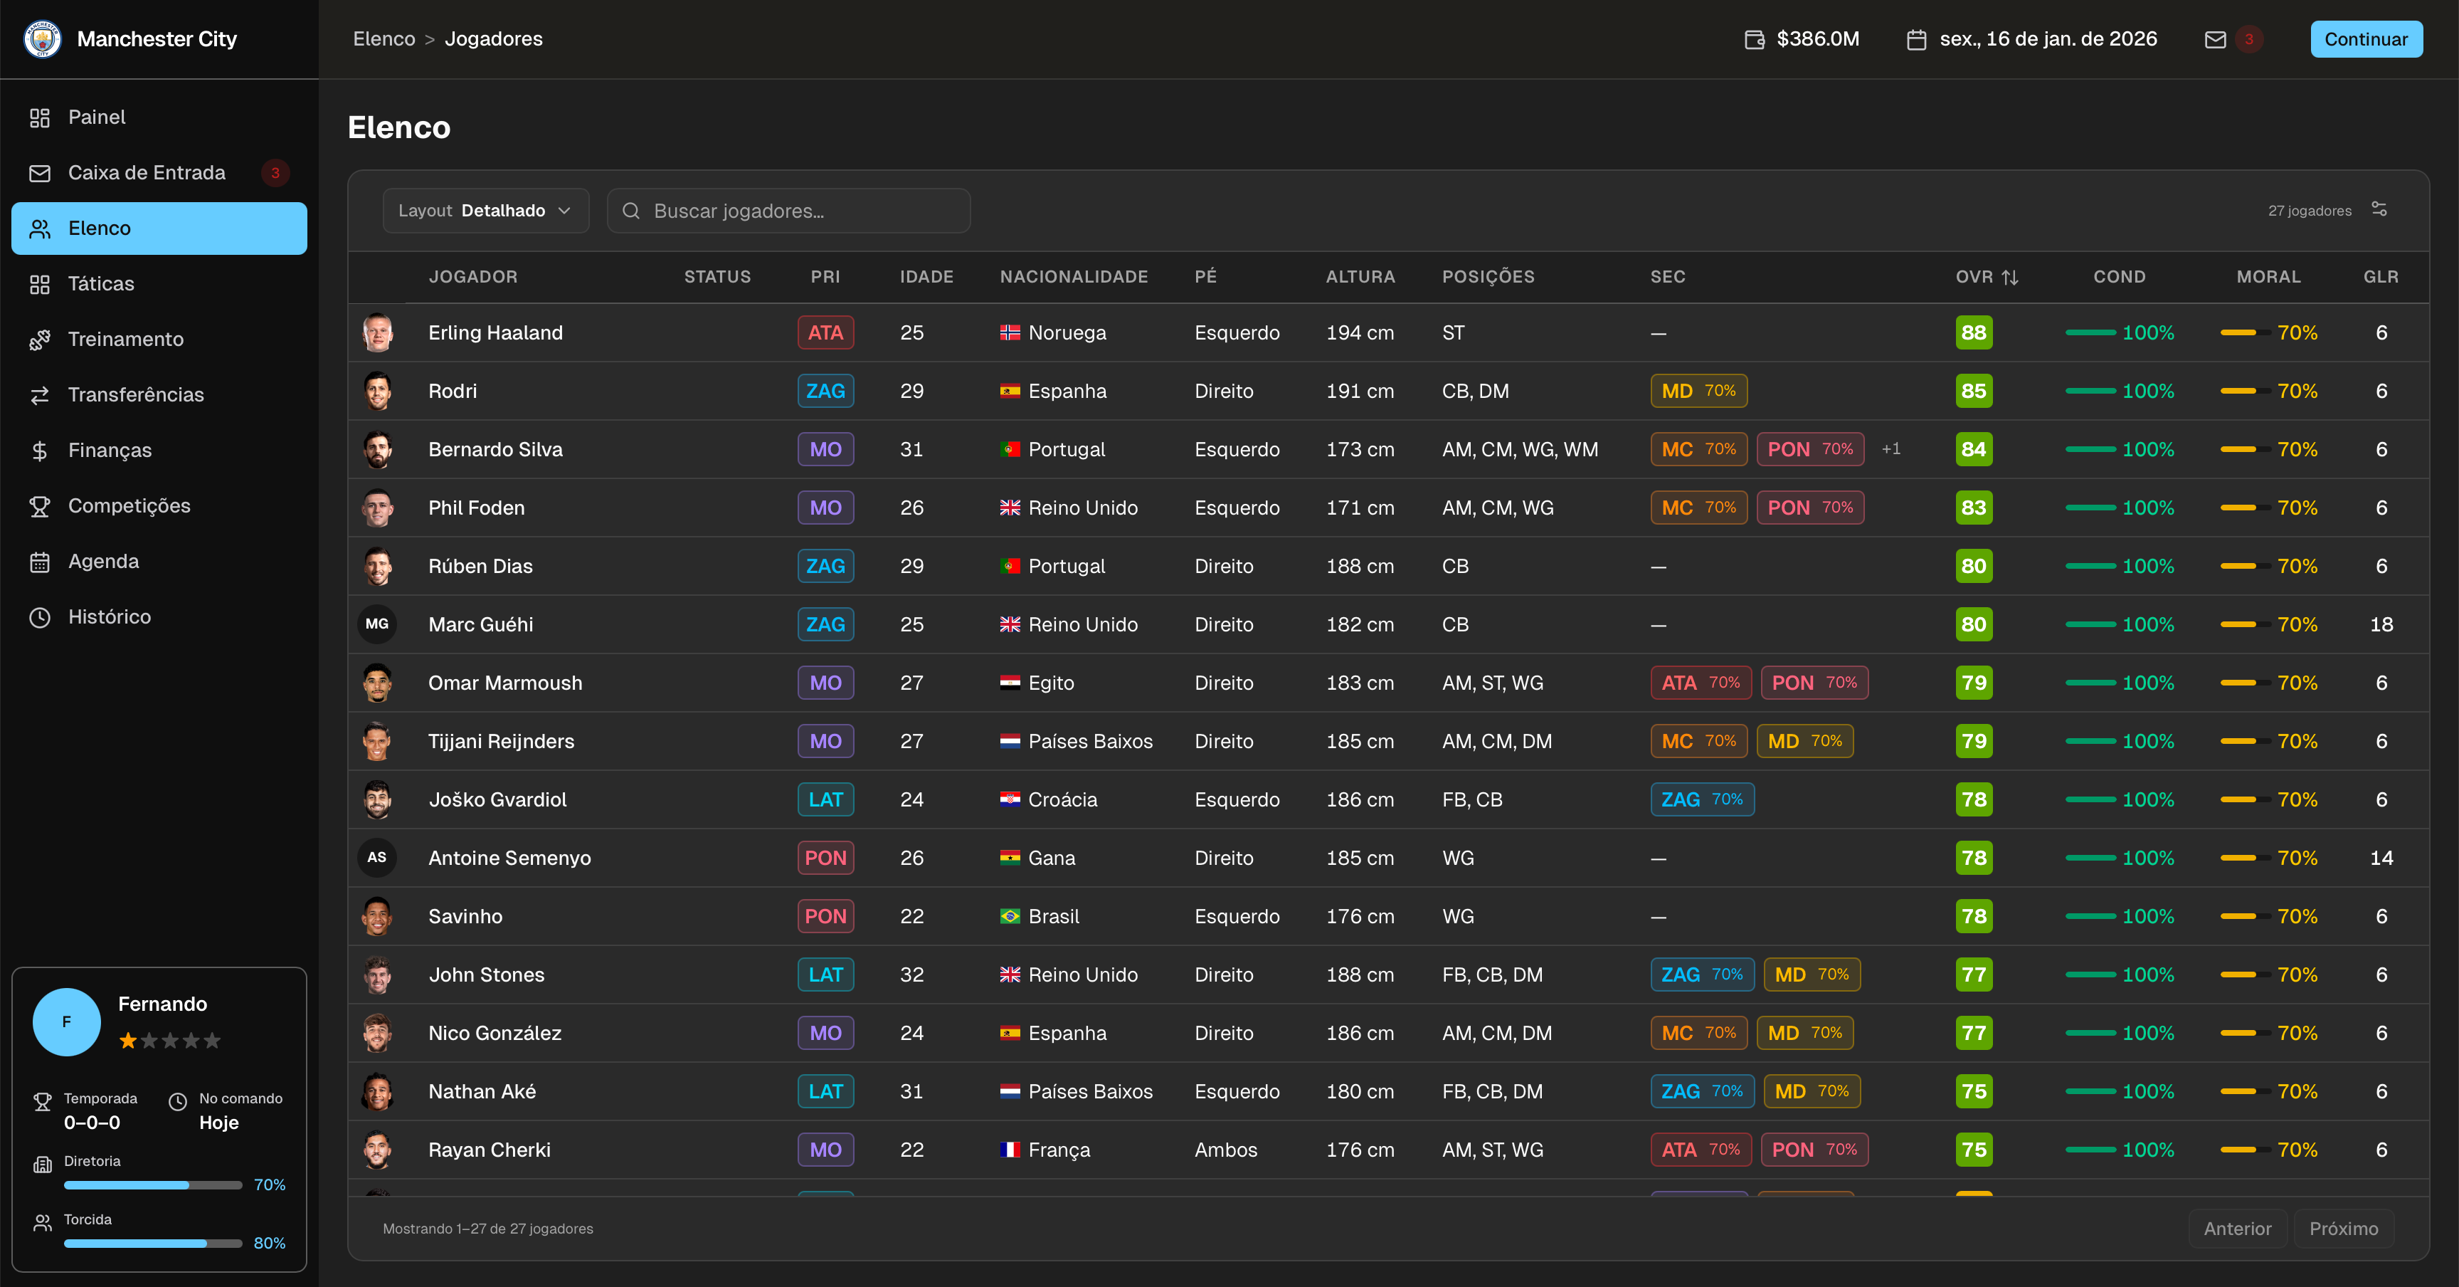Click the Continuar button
point(2366,39)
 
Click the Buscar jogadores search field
point(788,211)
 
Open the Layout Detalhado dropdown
point(485,211)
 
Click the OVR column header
point(1987,277)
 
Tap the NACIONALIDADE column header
point(1074,277)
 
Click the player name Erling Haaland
point(495,332)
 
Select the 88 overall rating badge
point(1973,332)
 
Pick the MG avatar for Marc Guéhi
point(377,624)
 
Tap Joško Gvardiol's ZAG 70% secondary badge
point(1702,799)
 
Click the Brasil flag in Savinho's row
point(1010,917)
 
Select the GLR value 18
point(2381,624)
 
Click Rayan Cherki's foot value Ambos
point(1226,1150)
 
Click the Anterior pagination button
point(2236,1229)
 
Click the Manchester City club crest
point(42,39)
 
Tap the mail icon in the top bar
point(2215,39)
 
